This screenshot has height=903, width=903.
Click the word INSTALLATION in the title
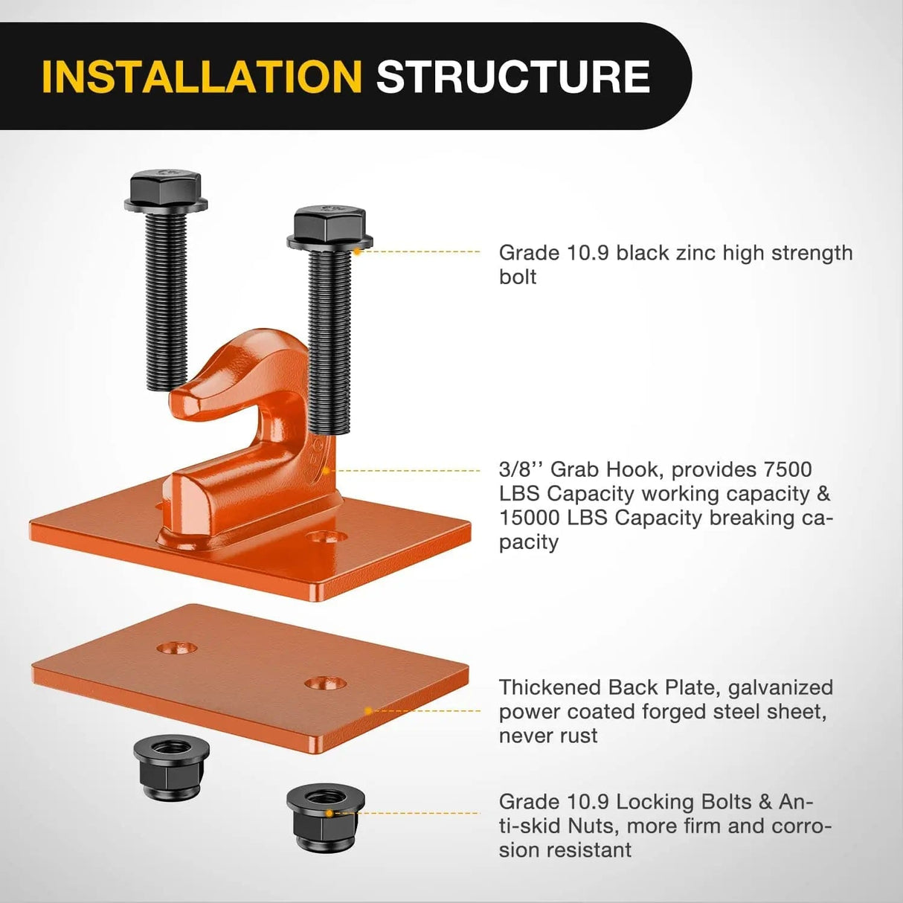[202, 77]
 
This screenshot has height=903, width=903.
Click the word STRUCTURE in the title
[513, 77]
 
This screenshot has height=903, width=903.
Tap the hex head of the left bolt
[166, 190]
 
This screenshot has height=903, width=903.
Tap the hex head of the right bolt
[330, 227]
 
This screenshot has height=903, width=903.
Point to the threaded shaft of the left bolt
[167, 300]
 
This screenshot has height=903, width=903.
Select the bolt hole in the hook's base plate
[326, 536]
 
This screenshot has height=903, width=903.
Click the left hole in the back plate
[177, 649]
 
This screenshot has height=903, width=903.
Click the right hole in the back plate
[325, 684]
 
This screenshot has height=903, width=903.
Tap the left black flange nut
[171, 767]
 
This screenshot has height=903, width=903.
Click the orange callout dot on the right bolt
[357, 251]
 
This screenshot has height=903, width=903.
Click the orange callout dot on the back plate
[368, 711]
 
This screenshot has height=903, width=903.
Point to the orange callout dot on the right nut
[330, 813]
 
